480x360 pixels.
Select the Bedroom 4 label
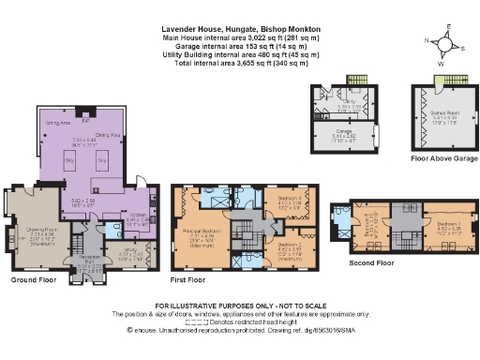coord(280,200)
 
